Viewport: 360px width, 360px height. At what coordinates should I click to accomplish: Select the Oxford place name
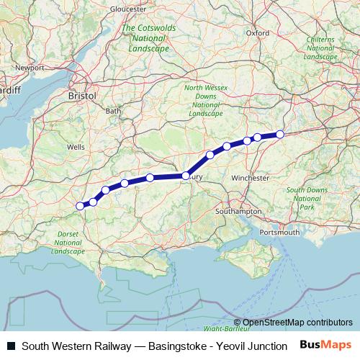point(257,32)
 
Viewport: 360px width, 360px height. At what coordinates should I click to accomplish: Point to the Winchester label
point(251,177)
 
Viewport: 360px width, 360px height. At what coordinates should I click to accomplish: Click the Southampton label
point(240,212)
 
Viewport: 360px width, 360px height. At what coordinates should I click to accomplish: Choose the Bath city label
point(114,111)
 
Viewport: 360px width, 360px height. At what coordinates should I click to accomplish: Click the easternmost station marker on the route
point(280,134)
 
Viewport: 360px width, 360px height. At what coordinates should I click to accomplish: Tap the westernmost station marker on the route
point(81,206)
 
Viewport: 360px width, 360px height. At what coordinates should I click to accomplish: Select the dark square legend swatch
point(11,346)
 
